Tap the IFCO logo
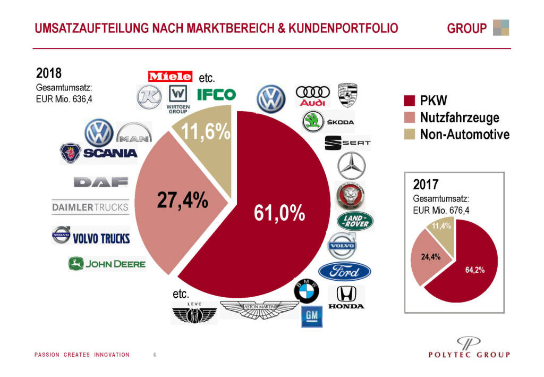(216, 95)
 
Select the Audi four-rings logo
(312, 95)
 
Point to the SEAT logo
(347, 143)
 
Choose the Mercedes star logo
(351, 165)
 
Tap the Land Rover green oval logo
(355, 221)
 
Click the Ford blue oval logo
(345, 272)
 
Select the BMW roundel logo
(307, 291)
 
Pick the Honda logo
(346, 298)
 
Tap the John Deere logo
(107, 263)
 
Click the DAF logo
(101, 182)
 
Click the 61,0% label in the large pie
(279, 213)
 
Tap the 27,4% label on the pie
(182, 200)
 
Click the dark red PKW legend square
(409, 100)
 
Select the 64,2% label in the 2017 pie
(474, 270)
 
